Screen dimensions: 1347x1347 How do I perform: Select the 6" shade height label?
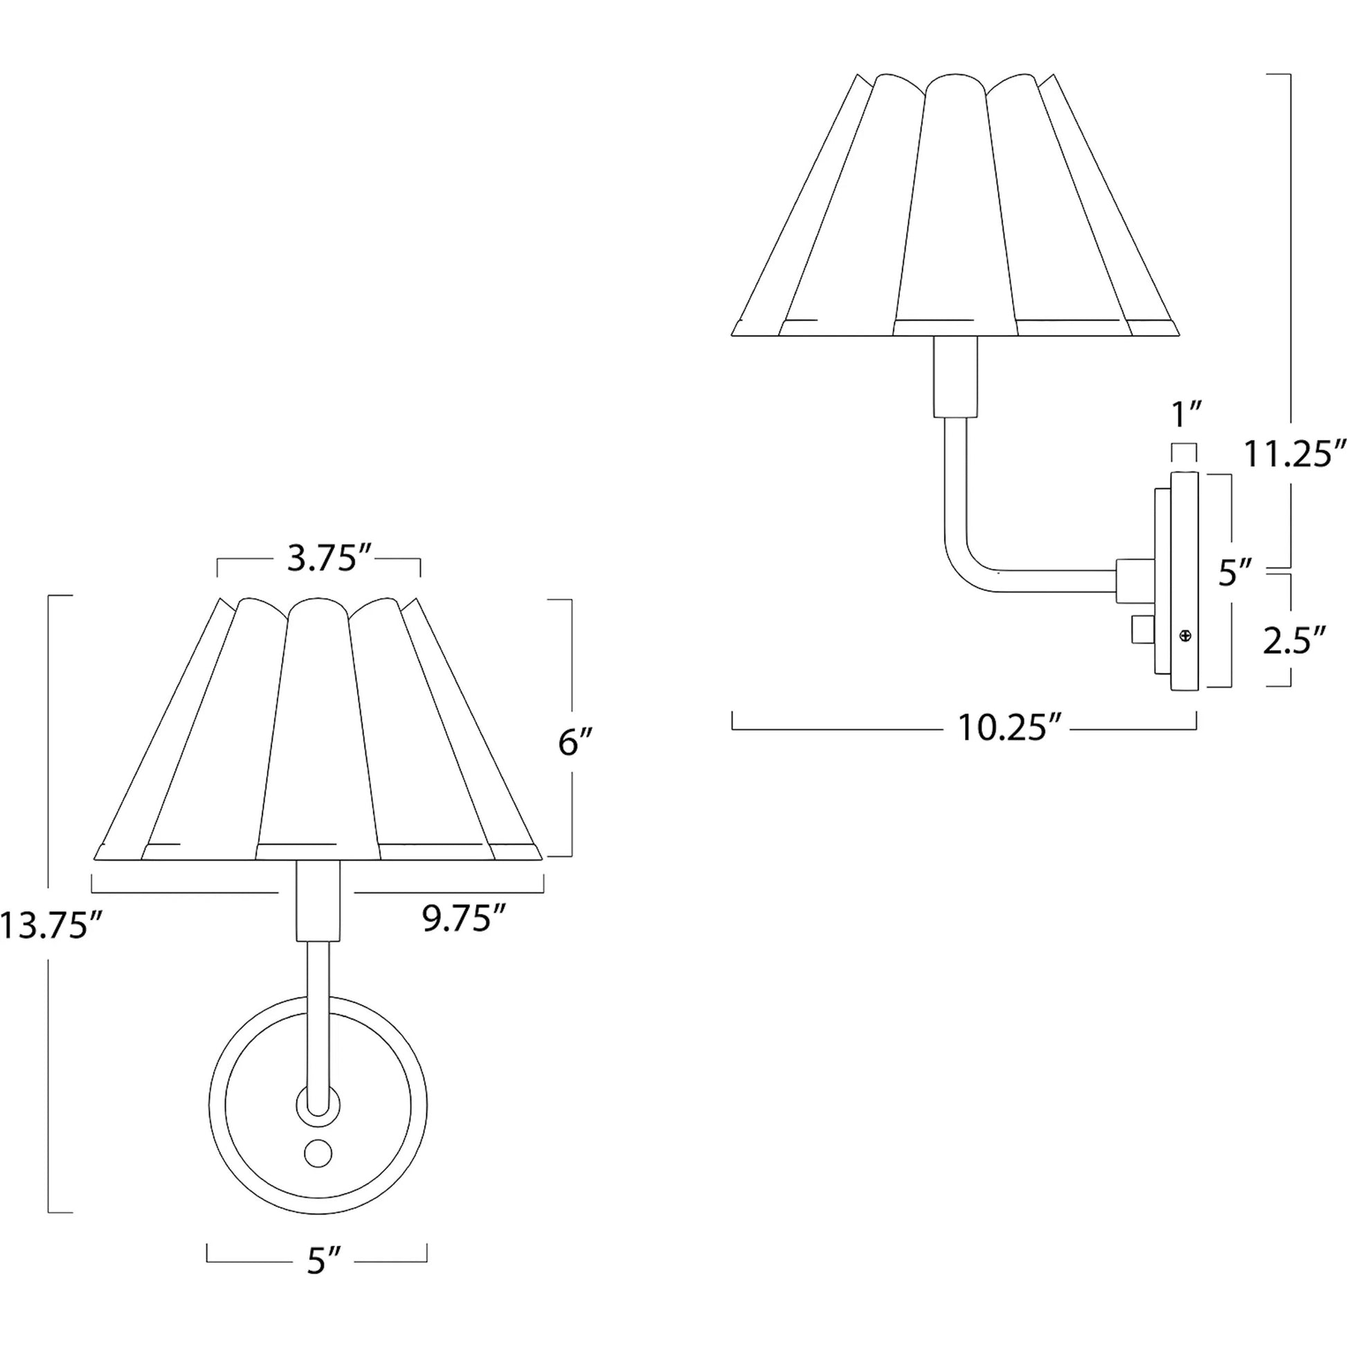[x=575, y=743]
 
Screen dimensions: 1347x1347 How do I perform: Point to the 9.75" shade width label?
[x=463, y=919]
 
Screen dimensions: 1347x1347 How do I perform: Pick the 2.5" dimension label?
[x=1294, y=642]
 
